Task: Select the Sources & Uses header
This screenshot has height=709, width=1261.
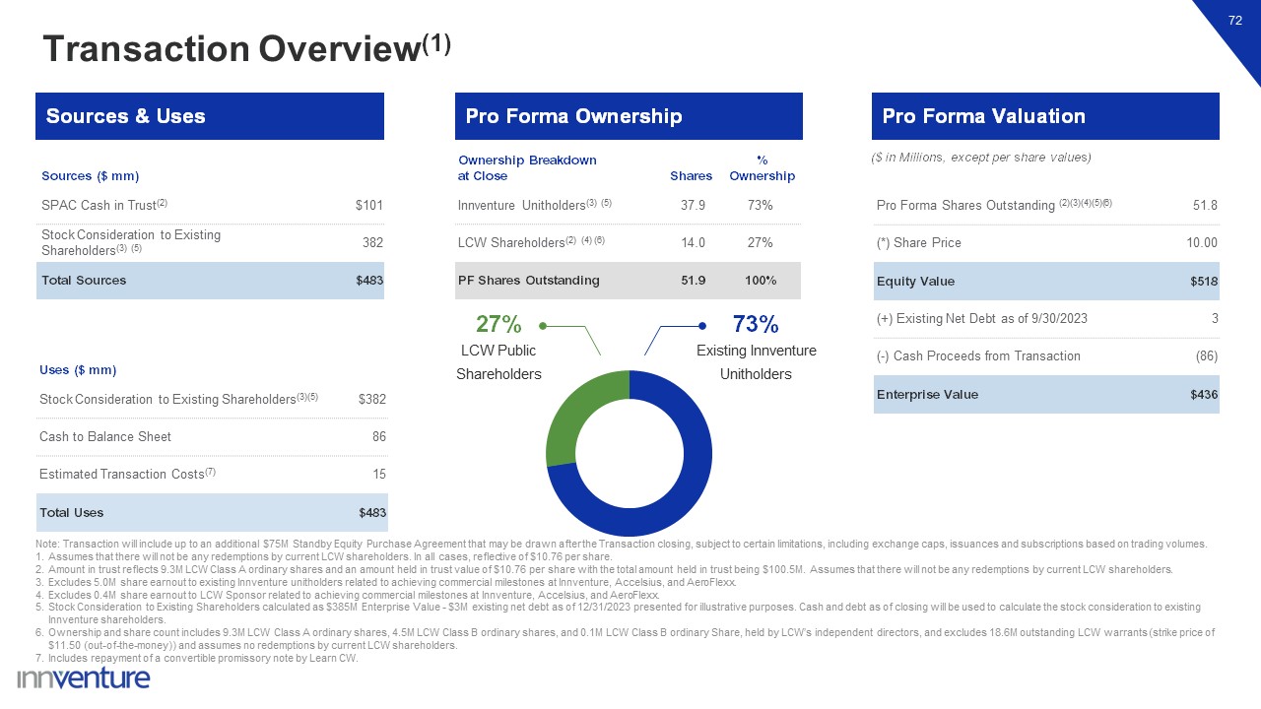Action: [x=126, y=116]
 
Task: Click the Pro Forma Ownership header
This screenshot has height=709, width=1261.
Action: [x=573, y=116]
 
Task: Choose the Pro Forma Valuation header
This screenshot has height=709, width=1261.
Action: [x=983, y=116]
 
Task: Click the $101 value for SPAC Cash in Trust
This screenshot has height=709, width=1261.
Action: [x=368, y=206]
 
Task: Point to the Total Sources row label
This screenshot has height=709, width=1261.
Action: [x=84, y=281]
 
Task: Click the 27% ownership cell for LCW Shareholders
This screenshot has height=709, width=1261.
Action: [x=760, y=243]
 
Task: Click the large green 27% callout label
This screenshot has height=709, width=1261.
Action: [x=498, y=324]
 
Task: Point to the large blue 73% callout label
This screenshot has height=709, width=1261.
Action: [x=756, y=324]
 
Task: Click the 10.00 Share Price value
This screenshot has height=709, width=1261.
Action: [x=1202, y=243]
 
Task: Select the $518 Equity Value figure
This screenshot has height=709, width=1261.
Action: [x=1203, y=282]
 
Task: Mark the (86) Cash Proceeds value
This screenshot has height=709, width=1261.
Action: [x=1206, y=356]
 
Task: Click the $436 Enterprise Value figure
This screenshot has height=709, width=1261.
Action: [x=1203, y=395]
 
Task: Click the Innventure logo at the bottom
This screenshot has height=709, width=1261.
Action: [x=84, y=678]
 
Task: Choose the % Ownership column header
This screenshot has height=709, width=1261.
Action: [x=762, y=168]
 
